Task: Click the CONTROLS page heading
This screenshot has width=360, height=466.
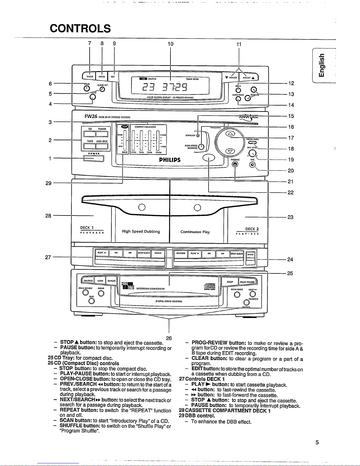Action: click(x=80, y=29)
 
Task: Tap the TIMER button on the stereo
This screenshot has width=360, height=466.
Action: click(x=89, y=76)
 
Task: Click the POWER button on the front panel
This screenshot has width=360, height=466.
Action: click(x=94, y=158)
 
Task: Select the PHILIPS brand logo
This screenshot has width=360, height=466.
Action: click(x=170, y=160)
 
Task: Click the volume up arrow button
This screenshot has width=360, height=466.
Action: click(x=230, y=134)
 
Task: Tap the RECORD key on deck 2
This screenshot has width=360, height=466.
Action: click(x=180, y=253)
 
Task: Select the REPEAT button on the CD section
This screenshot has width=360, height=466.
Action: click(x=111, y=281)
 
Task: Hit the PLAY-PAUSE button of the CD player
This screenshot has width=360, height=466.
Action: click(x=248, y=282)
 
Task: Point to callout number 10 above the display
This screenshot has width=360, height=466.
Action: click(x=170, y=44)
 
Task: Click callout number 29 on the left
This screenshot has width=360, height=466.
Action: click(x=48, y=183)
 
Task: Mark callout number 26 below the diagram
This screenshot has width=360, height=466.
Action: click(x=169, y=338)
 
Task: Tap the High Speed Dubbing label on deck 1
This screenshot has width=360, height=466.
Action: click(x=141, y=231)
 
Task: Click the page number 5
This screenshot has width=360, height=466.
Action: click(x=317, y=442)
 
